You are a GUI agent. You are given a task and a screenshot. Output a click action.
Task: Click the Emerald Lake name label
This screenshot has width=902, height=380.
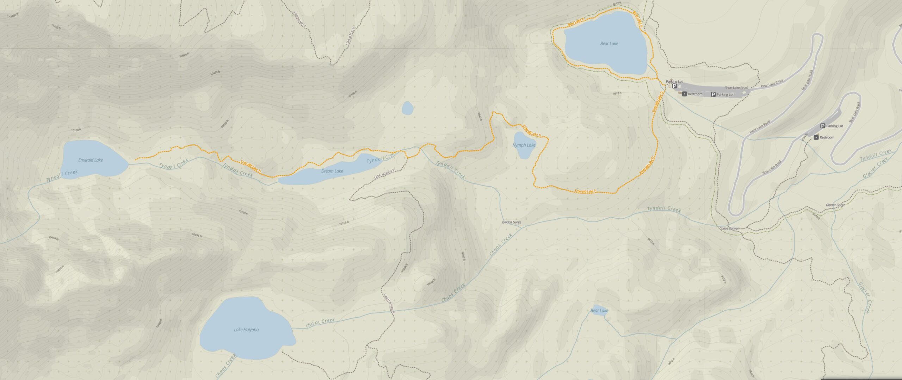91,160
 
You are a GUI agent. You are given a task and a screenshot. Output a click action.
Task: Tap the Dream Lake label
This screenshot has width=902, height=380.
332,171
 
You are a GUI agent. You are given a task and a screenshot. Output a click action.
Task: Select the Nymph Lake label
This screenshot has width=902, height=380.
524,145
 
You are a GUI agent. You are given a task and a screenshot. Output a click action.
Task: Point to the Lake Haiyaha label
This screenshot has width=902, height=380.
246,330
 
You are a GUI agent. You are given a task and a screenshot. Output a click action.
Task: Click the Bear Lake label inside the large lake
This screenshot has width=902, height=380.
609,44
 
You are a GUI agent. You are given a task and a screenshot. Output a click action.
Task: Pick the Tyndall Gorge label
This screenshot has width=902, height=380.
511,223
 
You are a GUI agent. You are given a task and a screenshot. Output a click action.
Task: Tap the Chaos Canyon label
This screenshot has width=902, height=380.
729,229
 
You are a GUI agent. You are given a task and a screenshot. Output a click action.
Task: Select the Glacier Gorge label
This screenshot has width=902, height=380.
835,205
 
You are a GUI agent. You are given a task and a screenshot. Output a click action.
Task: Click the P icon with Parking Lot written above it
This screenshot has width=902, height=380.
674,86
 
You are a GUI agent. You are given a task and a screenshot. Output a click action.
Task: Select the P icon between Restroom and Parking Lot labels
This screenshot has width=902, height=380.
713,94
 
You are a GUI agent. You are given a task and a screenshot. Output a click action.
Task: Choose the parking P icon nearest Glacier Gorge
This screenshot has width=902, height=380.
823,126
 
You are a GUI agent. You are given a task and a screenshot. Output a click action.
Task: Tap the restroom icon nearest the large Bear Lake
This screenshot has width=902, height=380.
684,94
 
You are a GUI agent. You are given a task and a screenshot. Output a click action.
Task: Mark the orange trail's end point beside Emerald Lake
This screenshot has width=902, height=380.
135,160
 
